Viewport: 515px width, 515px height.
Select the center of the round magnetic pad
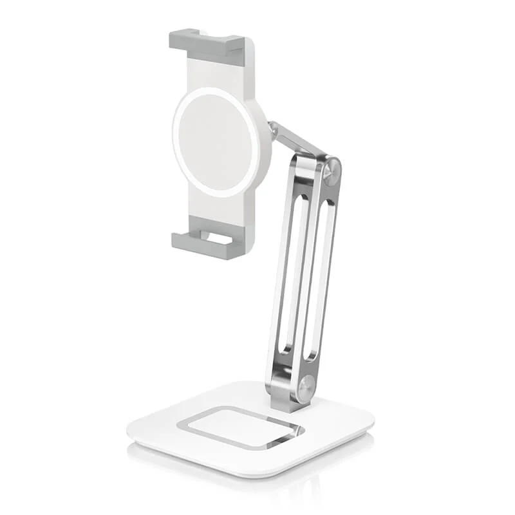(x=216, y=142)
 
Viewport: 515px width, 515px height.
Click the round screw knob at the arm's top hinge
(x=332, y=173)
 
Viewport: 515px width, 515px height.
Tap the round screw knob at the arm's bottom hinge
(x=307, y=388)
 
